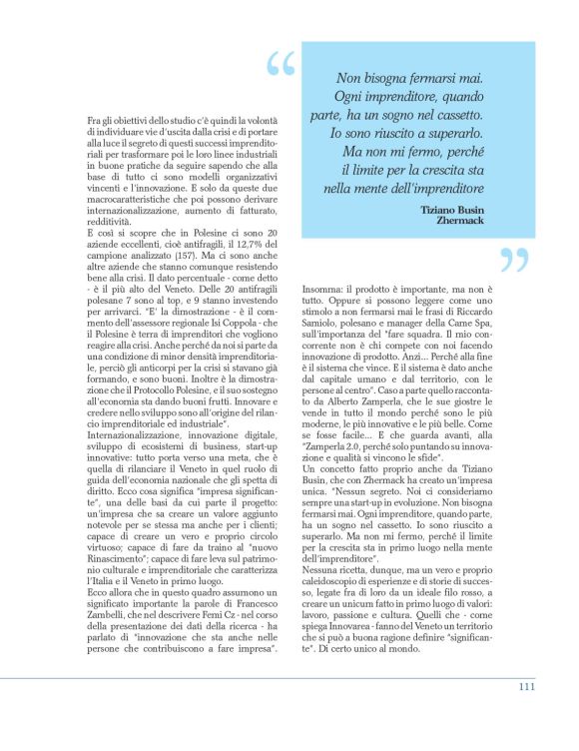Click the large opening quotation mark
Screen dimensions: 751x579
click(x=282, y=65)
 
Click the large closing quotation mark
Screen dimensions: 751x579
click(x=512, y=262)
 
